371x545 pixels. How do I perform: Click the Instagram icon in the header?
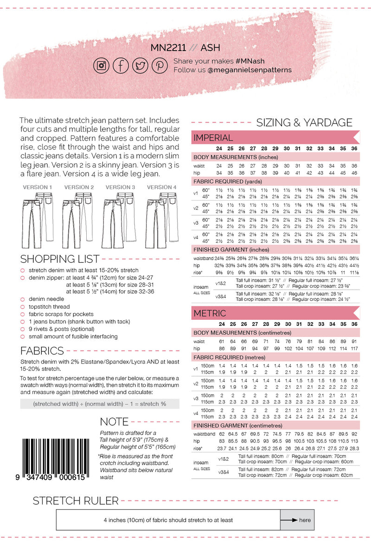101,65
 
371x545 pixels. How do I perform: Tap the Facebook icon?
121,65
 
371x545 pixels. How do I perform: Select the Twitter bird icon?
140,65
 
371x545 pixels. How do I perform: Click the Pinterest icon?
160,65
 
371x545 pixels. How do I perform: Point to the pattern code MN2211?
168,48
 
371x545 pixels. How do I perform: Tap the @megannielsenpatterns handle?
250,70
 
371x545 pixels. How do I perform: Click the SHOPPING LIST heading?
60,259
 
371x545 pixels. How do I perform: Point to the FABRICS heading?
42,350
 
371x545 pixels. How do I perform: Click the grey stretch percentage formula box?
99,404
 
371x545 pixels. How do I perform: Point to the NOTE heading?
115,422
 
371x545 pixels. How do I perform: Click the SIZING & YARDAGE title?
304,123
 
